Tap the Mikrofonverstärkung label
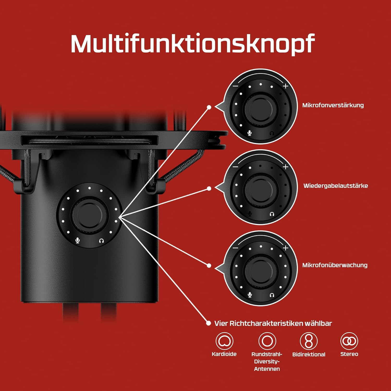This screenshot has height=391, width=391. click(333, 105)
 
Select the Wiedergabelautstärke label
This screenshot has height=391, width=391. click(335, 186)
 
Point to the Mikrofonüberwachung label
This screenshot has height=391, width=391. click(335, 265)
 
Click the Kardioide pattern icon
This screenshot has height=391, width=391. click(224, 341)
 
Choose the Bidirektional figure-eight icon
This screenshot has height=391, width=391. click(309, 341)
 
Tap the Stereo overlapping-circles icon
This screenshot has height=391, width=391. click(349, 341)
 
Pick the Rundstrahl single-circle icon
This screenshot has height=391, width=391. click(267, 341)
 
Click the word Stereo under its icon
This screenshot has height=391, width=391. click(349, 354)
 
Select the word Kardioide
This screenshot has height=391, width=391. click(224, 354)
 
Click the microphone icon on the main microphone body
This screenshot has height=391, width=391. click(77, 240)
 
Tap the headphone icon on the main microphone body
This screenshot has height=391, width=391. click(101, 241)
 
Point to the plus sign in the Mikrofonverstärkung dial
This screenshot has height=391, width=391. click(286, 86)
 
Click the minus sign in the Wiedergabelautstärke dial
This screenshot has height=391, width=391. click(235, 167)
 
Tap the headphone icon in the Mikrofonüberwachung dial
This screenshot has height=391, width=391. click(272, 295)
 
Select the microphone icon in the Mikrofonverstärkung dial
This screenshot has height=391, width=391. click(249, 133)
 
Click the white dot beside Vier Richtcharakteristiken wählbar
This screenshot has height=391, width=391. click(208, 323)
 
